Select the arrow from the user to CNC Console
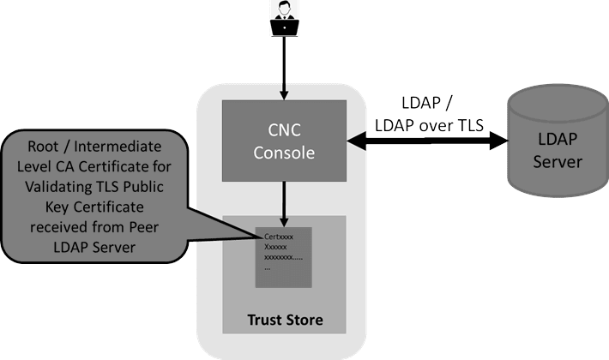(x=284, y=64)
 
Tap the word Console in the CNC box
(x=284, y=154)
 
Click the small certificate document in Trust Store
(x=284, y=256)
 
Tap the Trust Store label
(x=284, y=321)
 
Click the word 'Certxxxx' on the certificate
(x=280, y=237)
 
